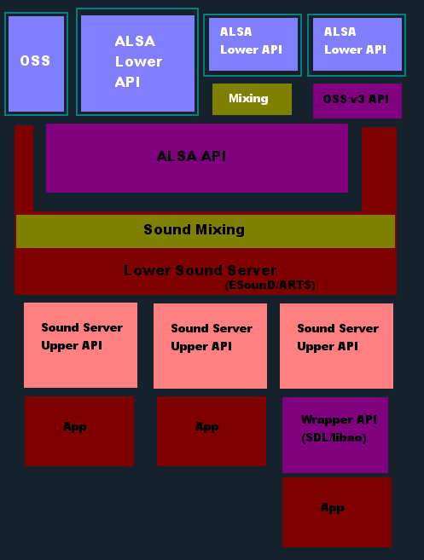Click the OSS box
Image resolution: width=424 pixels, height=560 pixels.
point(36,64)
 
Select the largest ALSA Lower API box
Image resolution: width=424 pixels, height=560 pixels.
point(137,62)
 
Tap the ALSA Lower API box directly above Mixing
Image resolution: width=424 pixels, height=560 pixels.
point(252,44)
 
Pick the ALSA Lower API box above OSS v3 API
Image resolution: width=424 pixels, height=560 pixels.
point(355,44)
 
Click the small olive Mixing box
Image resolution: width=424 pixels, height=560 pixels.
point(252,99)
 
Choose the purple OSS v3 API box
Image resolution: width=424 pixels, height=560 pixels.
point(357,101)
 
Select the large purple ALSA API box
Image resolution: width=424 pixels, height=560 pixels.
point(196,158)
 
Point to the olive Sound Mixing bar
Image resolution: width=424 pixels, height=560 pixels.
point(205,230)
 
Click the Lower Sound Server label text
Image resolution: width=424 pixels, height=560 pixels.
point(200,270)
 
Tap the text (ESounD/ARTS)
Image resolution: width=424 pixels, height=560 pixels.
point(270,286)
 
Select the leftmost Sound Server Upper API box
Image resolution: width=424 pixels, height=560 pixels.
point(80,345)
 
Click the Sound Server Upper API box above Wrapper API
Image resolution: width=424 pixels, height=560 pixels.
point(336,345)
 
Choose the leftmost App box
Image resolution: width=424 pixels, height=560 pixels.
point(79,431)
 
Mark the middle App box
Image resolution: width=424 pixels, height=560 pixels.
point(206,431)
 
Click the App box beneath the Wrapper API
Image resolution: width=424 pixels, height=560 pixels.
point(337,511)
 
